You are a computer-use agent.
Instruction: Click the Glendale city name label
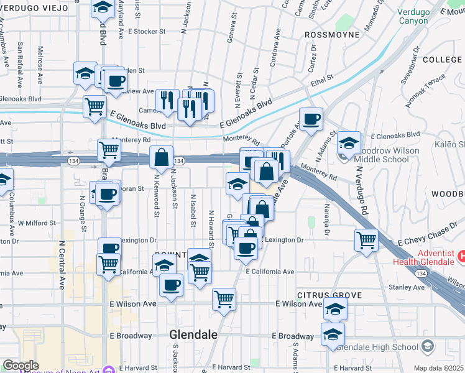coord(193,334)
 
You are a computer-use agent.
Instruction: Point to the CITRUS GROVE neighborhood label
coord(321,294)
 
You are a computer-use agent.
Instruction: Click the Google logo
coord(21,366)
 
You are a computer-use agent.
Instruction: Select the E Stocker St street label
coord(147,30)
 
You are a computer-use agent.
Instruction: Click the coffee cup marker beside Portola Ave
coord(311,117)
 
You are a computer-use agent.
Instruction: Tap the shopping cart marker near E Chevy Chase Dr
coord(366,239)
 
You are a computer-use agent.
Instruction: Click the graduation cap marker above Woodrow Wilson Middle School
coord(349,142)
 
